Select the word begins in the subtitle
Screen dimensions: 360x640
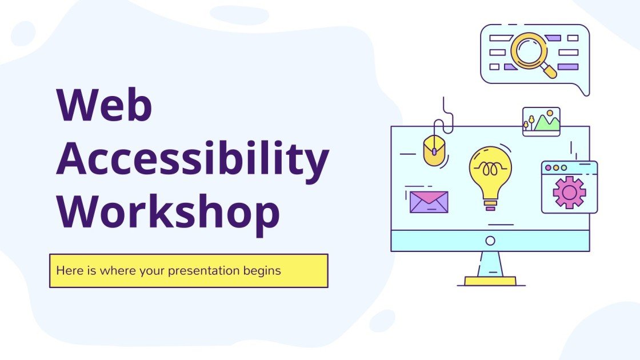coord(265,270)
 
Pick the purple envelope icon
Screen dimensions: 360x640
coord(429,202)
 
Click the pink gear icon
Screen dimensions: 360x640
coord(569,193)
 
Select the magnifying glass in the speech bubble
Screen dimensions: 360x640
coord(529,51)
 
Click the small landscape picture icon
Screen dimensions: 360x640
coord(541,122)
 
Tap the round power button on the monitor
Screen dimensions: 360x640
coord(490,241)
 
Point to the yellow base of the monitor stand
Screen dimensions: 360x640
coord(490,281)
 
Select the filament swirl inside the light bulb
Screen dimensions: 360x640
coord(490,169)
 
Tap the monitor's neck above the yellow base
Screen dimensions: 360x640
coord(490,264)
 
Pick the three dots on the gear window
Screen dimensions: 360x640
coord(556,168)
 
